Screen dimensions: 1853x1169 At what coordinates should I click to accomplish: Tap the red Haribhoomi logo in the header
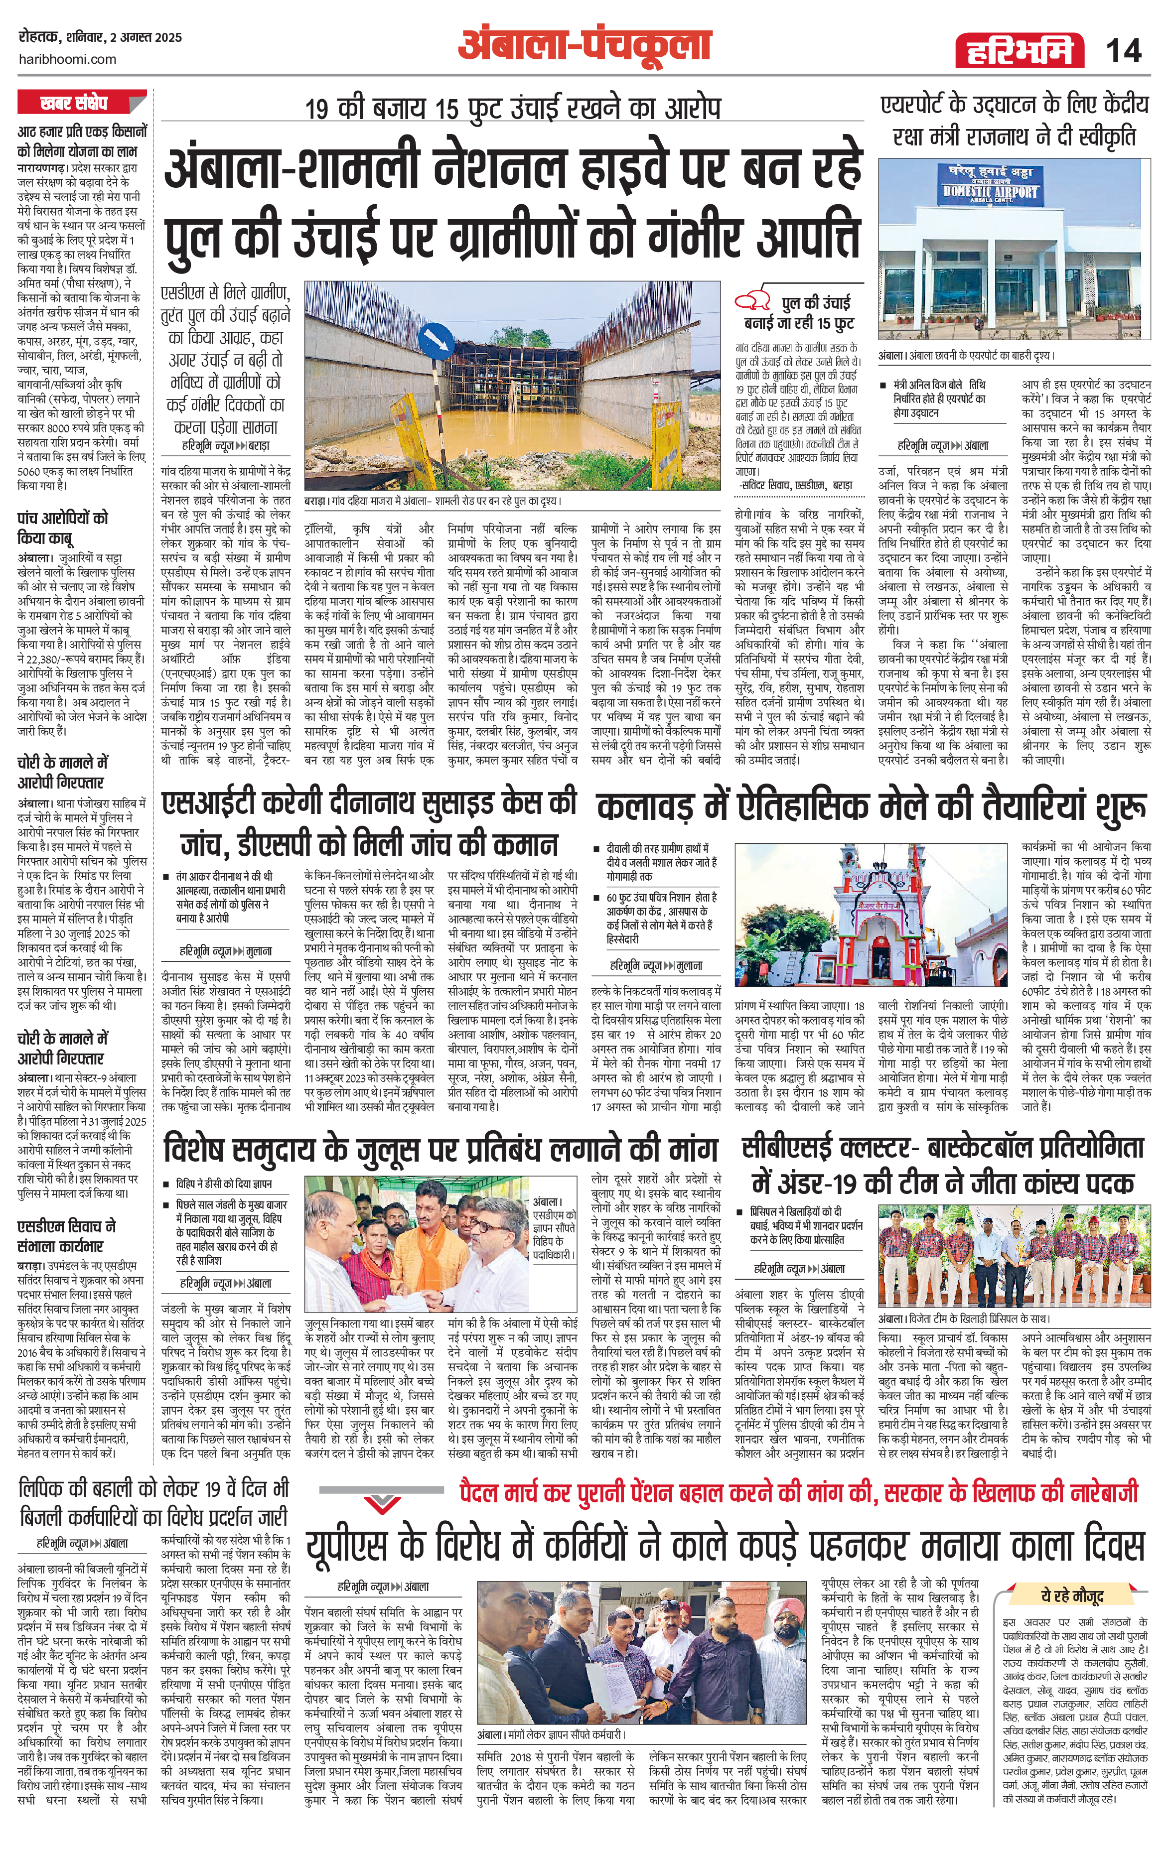click(1015, 51)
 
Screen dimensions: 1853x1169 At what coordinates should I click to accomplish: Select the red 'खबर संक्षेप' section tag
click(81, 102)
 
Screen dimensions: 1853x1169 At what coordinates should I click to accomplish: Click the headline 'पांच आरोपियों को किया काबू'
click(62, 527)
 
